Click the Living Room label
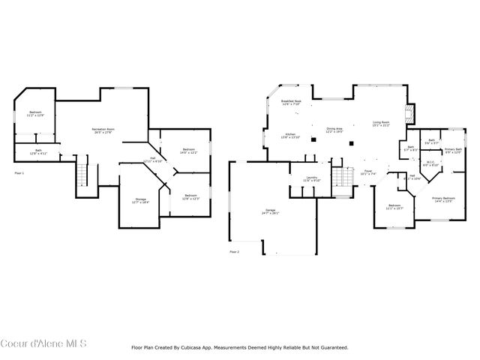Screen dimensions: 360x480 coord(381,124)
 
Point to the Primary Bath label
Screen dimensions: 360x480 coord(453,150)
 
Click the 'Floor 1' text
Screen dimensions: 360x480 coord(20,172)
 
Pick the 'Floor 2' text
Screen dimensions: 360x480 coord(235,251)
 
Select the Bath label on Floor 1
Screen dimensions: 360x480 coord(39,151)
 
